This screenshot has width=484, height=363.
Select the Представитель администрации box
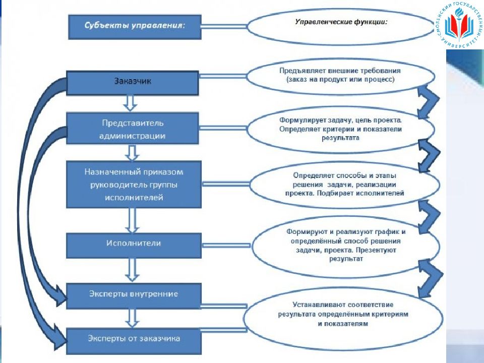point(133,129)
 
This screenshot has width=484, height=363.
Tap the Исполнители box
point(134,246)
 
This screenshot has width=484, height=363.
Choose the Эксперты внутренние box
point(134,296)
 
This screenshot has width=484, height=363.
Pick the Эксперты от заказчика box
point(134,341)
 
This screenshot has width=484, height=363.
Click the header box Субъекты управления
point(135,27)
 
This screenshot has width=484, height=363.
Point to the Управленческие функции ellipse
point(341,27)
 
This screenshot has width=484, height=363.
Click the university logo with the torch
point(460,24)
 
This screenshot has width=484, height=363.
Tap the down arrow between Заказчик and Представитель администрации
point(130,103)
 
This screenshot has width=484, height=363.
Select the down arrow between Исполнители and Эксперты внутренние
point(132,270)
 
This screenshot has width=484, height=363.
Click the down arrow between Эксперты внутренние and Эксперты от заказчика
point(132,318)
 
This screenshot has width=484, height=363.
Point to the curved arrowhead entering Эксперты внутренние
point(60,295)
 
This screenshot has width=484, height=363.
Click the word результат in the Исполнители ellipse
point(346,259)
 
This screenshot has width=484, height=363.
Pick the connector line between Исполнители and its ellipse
point(226,246)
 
